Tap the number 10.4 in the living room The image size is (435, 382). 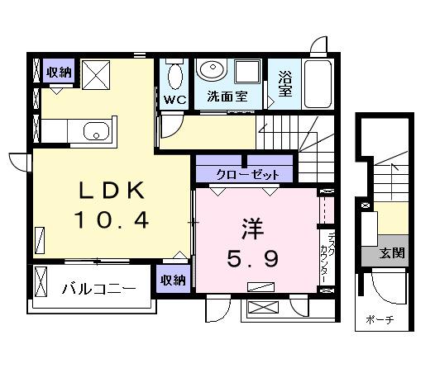click(112, 220)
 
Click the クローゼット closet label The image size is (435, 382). click(243, 175)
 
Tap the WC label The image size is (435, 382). click(175, 100)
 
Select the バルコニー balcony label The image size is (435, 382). click(98, 290)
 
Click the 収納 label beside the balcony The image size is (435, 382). click(173, 280)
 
